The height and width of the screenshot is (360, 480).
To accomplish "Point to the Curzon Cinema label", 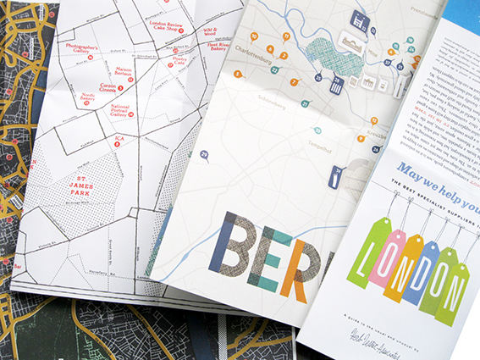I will pyautogui.click(x=113, y=87).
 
